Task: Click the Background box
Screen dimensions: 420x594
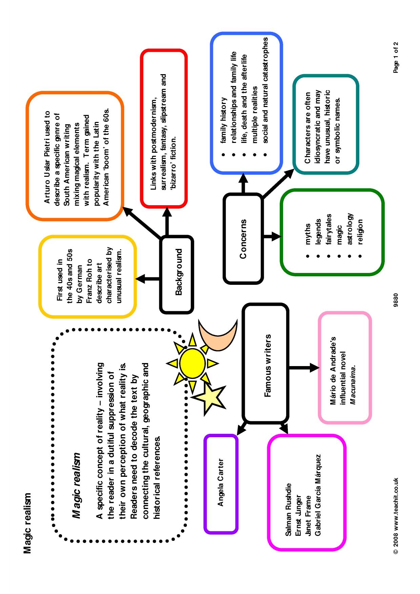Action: tap(177, 274)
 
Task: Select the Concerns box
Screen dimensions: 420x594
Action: tap(243, 238)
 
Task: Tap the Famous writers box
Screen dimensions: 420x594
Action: tap(266, 363)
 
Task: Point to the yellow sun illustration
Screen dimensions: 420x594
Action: tap(192, 363)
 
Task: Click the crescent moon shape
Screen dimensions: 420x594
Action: tap(218, 335)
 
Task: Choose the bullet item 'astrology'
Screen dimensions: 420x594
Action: tap(350, 229)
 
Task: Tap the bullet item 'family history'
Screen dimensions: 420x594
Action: tap(223, 120)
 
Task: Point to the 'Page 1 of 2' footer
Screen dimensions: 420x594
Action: tap(396, 57)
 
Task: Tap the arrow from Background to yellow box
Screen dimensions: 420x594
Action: tap(148, 279)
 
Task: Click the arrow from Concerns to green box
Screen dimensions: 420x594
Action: tap(272, 236)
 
